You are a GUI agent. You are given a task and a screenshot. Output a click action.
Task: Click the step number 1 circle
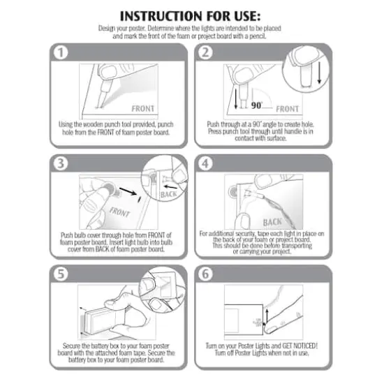pos(61,52)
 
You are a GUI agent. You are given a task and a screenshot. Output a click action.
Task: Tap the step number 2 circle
pos(205,52)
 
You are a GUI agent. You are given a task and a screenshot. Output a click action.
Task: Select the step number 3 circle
pos(61,163)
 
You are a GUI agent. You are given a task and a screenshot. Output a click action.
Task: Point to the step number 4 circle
pos(205,163)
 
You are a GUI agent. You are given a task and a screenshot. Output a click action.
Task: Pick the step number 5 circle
pos(61,274)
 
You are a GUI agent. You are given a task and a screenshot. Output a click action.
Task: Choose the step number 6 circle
pos(205,274)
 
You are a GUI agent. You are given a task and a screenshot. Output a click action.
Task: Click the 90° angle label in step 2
pos(257,105)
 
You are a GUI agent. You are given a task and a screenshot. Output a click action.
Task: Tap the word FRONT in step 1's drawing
pos(142,108)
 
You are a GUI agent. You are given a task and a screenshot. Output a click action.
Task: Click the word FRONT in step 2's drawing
pos(287,109)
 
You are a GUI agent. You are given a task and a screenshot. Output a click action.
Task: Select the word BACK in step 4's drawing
pos(272,222)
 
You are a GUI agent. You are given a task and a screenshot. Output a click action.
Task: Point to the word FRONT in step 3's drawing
pos(119,212)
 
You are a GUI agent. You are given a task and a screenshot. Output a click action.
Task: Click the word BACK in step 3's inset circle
pos(168,195)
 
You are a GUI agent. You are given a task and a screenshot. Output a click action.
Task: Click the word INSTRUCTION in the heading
pos(161,16)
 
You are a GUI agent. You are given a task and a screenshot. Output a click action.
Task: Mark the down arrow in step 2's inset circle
pos(319,73)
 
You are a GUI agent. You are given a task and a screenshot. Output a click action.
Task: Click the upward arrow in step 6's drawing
pos(267,316)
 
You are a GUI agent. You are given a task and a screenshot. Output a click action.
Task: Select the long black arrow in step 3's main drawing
pos(128,191)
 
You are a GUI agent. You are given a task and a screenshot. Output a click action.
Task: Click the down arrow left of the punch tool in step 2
pos(236,98)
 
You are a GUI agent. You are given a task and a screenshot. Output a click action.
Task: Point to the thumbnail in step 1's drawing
pos(108,73)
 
